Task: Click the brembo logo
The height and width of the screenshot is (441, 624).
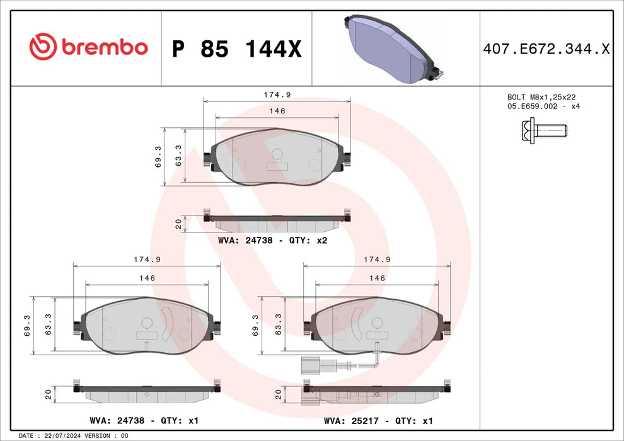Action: click(x=88, y=47)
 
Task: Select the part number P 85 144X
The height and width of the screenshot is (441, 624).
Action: click(x=236, y=49)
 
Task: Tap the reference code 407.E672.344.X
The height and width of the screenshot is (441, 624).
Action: click(x=546, y=48)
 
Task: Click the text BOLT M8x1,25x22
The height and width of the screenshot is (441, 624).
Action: click(x=541, y=97)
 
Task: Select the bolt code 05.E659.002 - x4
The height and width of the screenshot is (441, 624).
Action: click(x=543, y=106)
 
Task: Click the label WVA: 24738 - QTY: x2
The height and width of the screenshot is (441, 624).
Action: click(x=272, y=240)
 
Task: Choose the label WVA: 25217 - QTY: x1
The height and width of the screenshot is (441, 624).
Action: click(x=378, y=420)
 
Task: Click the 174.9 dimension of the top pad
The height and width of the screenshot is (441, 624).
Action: click(x=277, y=94)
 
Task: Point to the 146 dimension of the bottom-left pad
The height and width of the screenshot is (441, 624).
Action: click(x=147, y=278)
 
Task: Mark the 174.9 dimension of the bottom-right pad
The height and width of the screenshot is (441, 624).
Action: click(x=377, y=260)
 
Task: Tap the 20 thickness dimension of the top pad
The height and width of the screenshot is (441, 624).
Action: click(x=178, y=223)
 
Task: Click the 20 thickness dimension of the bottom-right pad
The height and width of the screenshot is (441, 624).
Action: click(x=278, y=394)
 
